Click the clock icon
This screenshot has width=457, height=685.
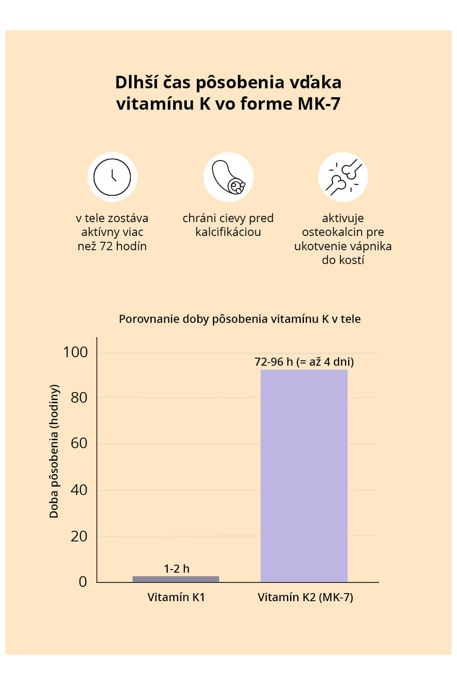click(112, 177)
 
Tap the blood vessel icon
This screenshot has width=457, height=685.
click(228, 177)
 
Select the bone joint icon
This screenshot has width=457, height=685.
click(343, 177)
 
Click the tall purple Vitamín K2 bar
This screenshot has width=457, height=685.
click(304, 475)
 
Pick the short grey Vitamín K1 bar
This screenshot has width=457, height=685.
click(176, 579)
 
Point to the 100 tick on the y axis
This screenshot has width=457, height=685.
click(75, 352)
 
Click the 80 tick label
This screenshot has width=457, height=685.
click(79, 398)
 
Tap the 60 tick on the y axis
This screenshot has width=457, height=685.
click(79, 443)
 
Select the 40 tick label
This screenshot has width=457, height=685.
click(79, 490)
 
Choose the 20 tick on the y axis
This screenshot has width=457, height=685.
click(79, 536)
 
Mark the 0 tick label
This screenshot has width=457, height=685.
click(83, 582)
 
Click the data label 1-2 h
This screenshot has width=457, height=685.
click(177, 569)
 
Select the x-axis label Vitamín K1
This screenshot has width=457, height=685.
click(176, 597)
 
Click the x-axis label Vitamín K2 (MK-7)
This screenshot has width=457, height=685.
click(305, 597)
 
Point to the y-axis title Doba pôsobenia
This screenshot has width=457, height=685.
click(54, 451)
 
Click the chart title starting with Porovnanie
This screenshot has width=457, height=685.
click(240, 319)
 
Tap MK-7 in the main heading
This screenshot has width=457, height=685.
click(319, 104)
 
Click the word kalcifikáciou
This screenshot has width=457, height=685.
click(228, 232)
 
